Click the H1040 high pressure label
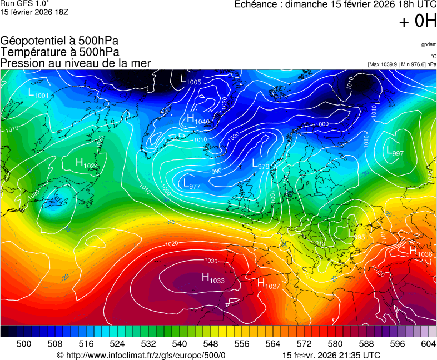click(x=198, y=119)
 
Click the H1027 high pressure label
click(x=268, y=283)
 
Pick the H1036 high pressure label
click(x=420, y=251)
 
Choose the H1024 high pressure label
click(x=87, y=163)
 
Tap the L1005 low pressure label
click(x=191, y=80)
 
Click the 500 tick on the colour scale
click(x=24, y=344)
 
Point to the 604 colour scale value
click(x=428, y=344)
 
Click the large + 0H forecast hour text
click(x=418, y=21)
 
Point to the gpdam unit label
click(x=429, y=44)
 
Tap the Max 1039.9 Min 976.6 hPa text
click(x=402, y=64)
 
